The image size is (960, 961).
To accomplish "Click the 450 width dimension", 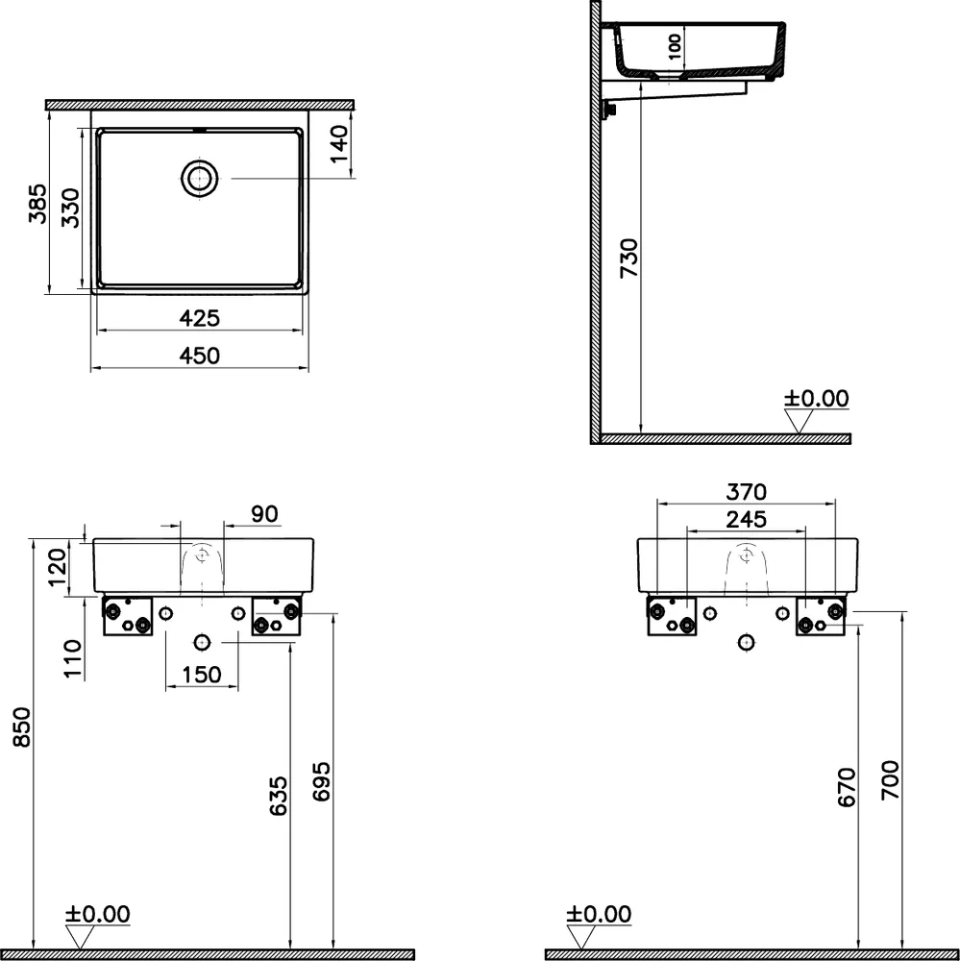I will [201, 356].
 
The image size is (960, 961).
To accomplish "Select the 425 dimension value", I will [201, 317].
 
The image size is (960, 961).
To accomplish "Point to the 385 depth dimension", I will [37, 203].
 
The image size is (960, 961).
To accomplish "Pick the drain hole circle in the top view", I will [200, 178].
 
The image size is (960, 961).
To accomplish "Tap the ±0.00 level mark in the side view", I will [816, 398].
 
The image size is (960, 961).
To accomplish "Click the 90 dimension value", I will [264, 514].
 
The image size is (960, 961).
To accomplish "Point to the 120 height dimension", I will [59, 567].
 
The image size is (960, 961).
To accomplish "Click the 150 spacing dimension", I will [202, 676].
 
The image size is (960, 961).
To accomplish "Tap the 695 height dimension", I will [321, 784].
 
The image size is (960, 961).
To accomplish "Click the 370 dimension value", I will [746, 492].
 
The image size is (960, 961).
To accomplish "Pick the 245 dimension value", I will [746, 520].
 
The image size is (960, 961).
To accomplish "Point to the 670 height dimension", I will [846, 787].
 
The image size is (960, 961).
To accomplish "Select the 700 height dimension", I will [890, 780].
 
